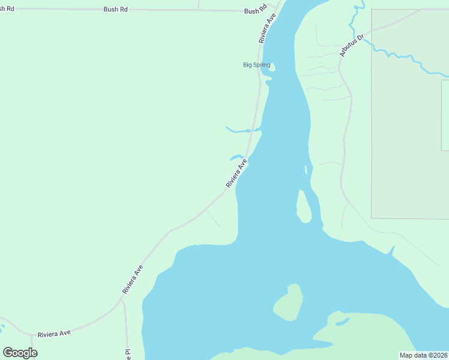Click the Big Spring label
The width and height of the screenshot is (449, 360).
[256, 65]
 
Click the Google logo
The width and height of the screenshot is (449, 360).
[20, 352]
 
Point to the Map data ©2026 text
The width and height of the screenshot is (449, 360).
[423, 355]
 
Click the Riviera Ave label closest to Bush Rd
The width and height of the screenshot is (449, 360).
[267, 28]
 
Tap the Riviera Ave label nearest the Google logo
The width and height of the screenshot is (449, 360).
[54, 333]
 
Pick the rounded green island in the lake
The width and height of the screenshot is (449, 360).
[289, 304]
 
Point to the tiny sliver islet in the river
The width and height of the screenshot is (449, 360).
[306, 169]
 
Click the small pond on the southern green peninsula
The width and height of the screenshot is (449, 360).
[343, 322]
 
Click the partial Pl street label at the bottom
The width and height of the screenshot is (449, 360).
[127, 354]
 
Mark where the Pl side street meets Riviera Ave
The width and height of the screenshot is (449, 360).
[122, 300]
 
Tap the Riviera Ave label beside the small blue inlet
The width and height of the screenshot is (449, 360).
[237, 173]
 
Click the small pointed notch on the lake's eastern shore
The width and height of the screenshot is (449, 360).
[393, 249]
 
